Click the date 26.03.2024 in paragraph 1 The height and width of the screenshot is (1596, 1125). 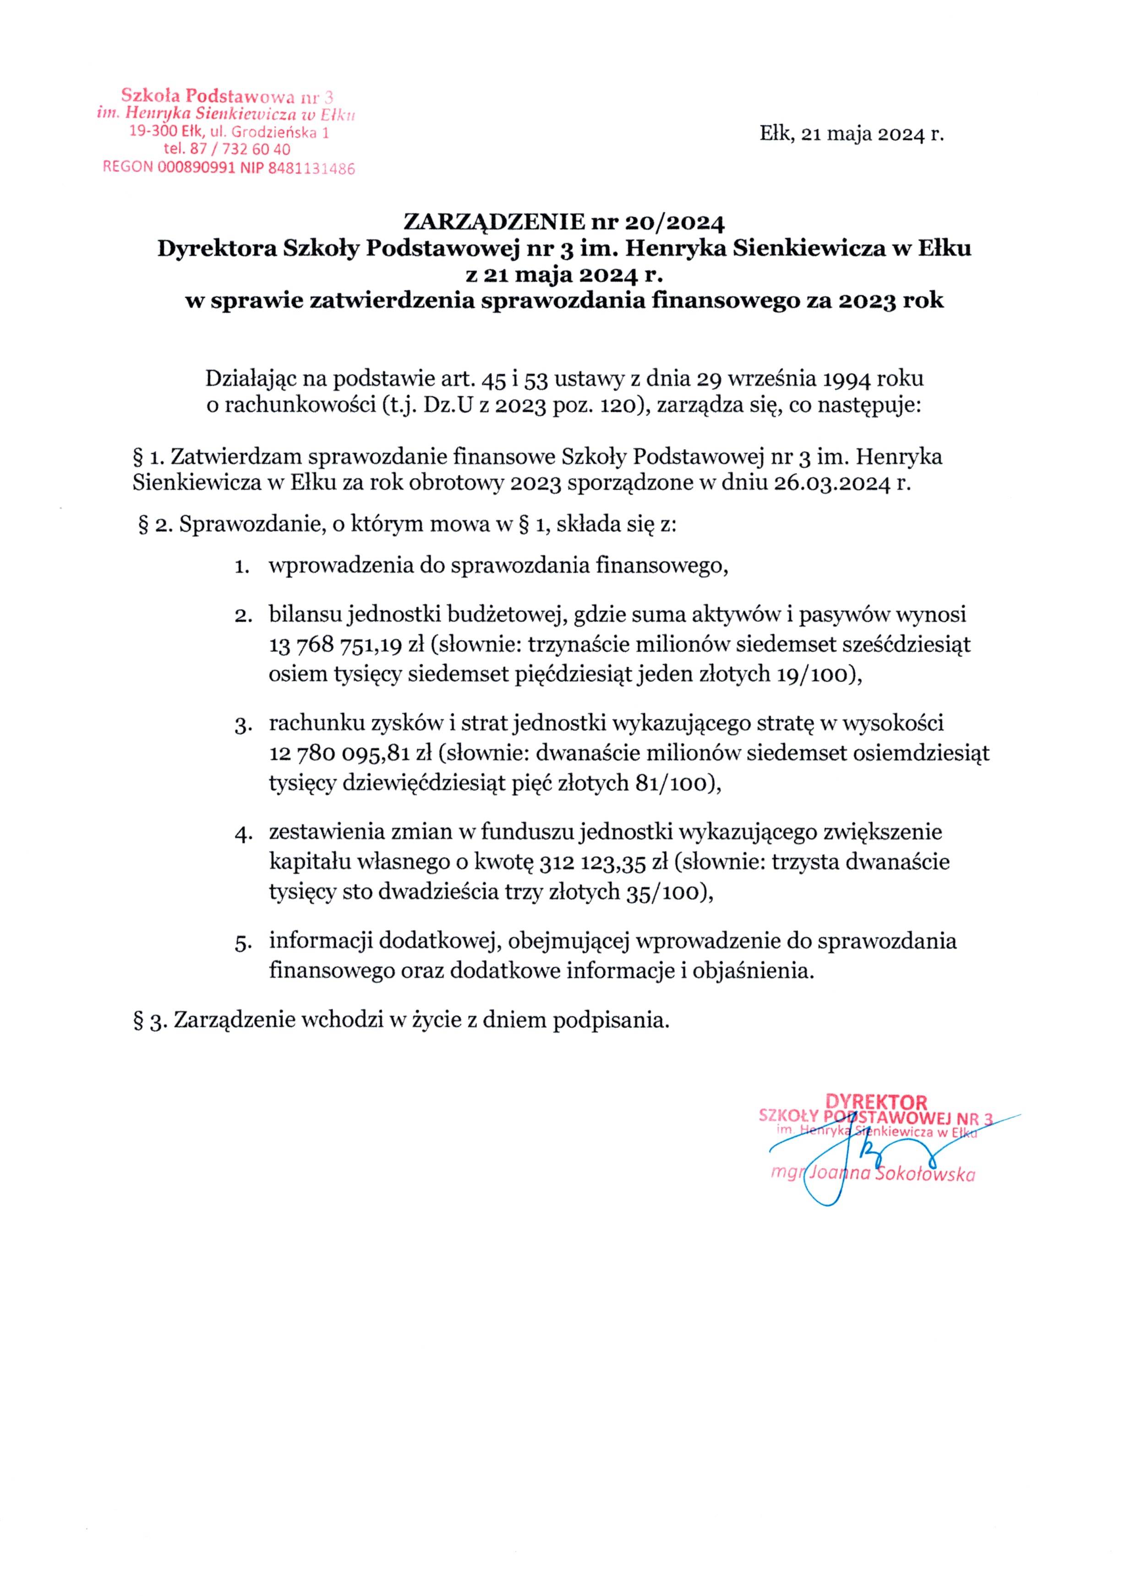(829, 484)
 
